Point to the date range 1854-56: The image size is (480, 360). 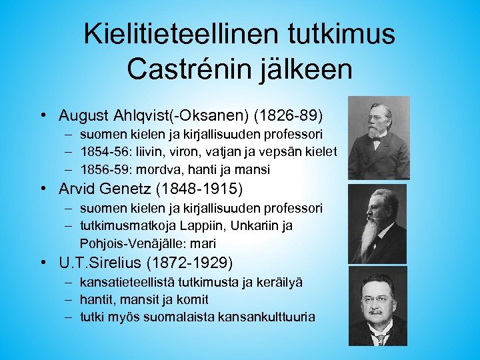(102, 152)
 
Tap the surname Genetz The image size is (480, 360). (139, 189)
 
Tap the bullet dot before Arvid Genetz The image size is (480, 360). (43, 189)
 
